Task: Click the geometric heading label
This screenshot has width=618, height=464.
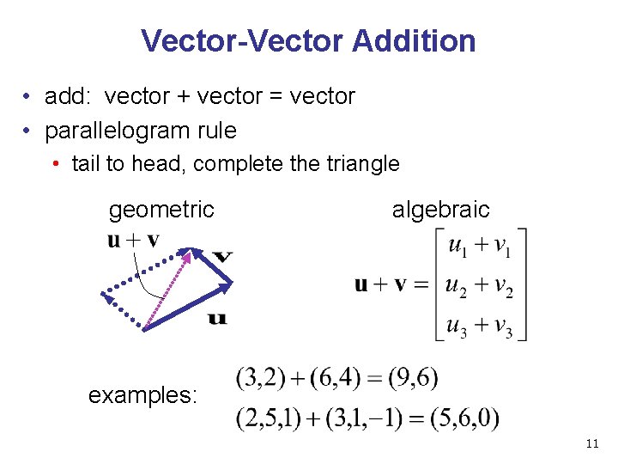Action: click(x=161, y=209)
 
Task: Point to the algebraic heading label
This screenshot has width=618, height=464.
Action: click(x=440, y=209)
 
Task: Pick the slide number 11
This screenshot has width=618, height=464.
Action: click(x=591, y=443)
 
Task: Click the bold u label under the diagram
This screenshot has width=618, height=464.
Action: click(x=218, y=319)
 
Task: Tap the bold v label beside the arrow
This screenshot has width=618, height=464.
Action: click(x=222, y=256)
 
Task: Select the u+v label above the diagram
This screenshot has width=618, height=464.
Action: click(x=133, y=240)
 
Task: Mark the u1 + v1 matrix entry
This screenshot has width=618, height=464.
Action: click(x=480, y=247)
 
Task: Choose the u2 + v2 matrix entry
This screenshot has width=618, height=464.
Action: click(x=480, y=287)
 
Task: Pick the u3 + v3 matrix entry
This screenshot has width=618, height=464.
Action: click(x=480, y=327)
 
